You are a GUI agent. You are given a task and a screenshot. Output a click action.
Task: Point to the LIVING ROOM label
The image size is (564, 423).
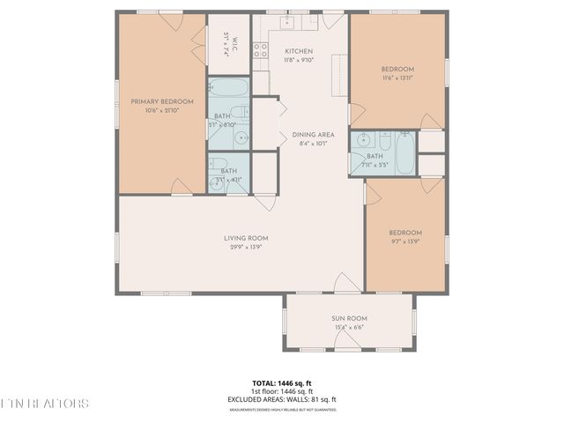click(x=246, y=238)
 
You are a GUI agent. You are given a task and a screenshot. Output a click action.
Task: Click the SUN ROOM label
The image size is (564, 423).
click(x=349, y=318)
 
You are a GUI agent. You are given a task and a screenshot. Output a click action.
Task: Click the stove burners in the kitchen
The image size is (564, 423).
click(x=261, y=50)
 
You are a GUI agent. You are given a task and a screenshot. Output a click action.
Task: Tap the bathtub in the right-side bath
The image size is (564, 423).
click(x=404, y=153)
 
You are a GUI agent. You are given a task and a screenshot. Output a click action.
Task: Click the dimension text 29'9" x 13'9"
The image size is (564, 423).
click(x=246, y=248)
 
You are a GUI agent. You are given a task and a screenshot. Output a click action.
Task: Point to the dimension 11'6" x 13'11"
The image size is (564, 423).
click(x=397, y=78)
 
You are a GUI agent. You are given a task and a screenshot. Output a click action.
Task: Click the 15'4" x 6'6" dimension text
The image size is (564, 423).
click(x=349, y=328)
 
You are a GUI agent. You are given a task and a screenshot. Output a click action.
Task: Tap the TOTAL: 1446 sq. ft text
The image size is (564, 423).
click(x=282, y=383)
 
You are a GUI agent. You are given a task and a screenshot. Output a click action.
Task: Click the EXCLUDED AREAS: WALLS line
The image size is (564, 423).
click(x=282, y=399)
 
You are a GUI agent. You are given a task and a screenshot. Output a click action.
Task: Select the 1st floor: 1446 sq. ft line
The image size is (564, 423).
click(x=282, y=391)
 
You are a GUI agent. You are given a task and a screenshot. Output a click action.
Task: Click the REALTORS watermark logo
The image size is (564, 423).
click(x=44, y=404)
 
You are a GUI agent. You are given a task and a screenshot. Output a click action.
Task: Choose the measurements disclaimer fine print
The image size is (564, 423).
click(x=282, y=409)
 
